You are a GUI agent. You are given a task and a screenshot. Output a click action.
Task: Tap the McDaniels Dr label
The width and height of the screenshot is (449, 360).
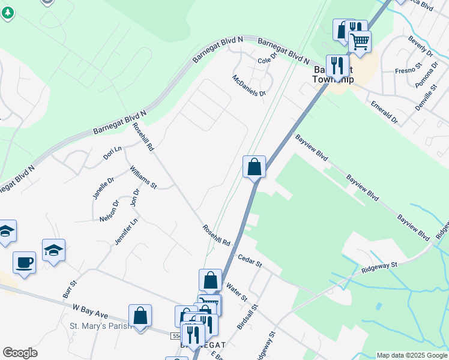[249, 85]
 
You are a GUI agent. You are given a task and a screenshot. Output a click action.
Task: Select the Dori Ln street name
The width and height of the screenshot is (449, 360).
[112, 152]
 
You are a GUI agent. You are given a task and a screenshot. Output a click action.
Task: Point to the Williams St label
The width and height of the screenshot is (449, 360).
[143, 177]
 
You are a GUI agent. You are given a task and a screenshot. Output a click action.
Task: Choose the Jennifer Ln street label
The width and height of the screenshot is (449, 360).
[126, 231]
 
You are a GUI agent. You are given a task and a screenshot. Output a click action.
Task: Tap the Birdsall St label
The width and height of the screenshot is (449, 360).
[243, 316]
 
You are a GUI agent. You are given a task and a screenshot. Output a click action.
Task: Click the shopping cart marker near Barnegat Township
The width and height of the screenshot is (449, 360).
[360, 42]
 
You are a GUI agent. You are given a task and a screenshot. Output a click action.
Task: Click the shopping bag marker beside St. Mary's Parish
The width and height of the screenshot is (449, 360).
[140, 315]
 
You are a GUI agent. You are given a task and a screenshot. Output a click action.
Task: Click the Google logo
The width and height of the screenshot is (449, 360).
[20, 353]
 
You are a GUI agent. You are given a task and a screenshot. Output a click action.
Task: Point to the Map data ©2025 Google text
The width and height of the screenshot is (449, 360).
[412, 356]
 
